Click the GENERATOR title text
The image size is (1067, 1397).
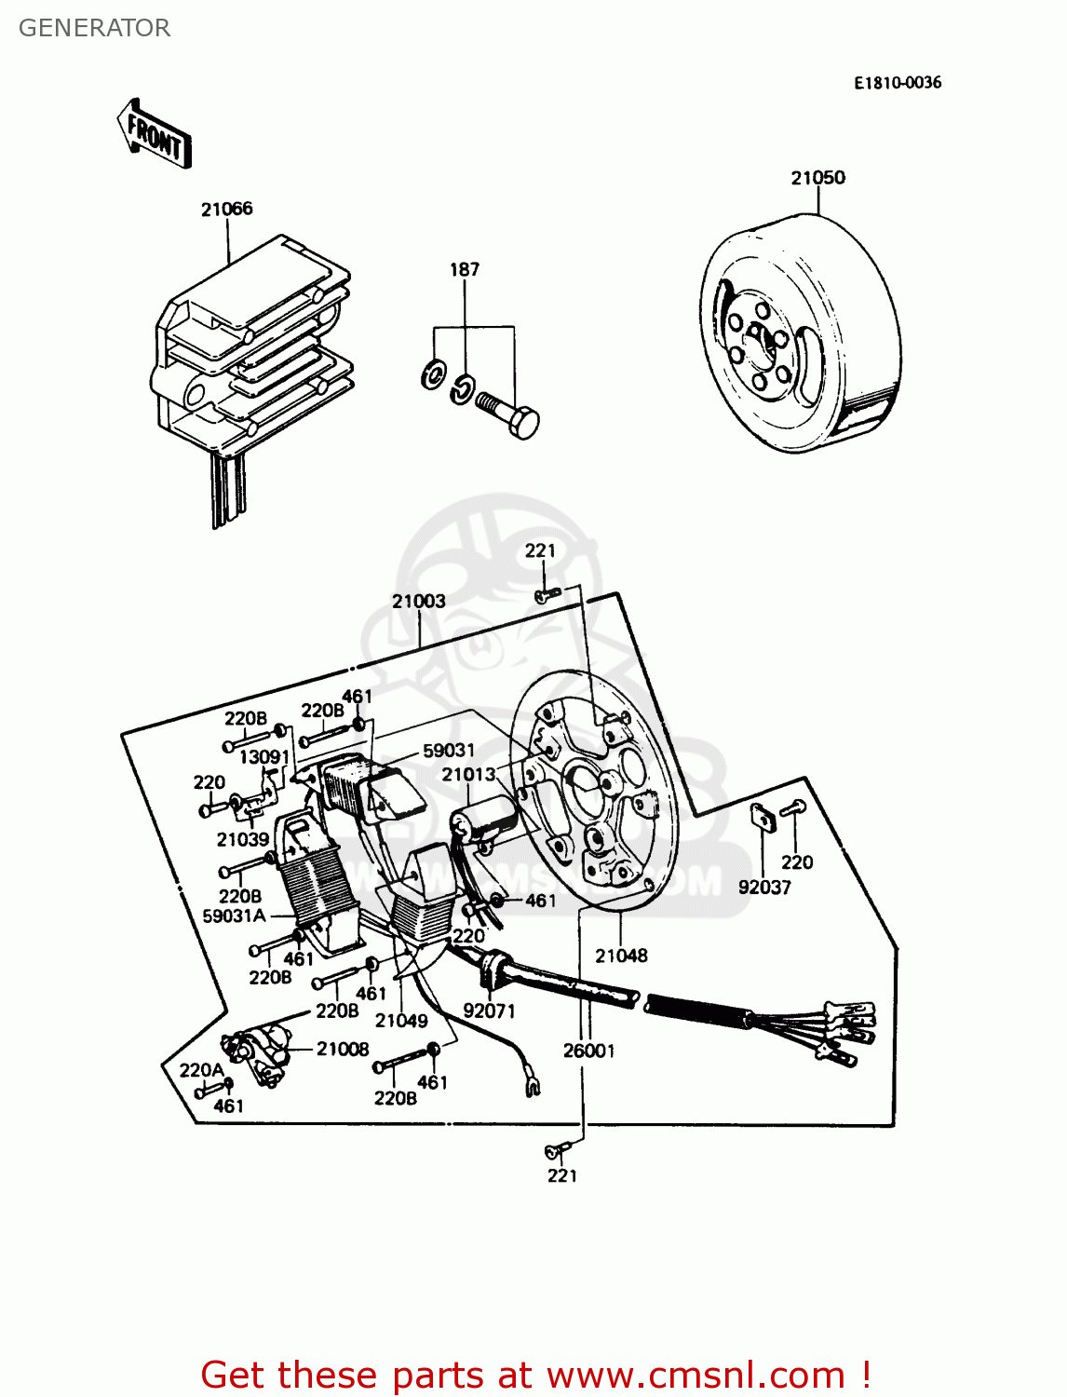[94, 28]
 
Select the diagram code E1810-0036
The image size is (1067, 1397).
[898, 83]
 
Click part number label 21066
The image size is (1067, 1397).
[226, 210]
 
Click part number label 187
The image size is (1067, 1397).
[464, 270]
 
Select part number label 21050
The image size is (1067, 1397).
[817, 178]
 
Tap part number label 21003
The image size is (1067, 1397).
[418, 602]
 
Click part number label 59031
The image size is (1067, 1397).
[449, 751]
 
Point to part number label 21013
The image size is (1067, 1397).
[468, 775]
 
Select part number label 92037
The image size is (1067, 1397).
[764, 888]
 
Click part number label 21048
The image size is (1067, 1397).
[621, 956]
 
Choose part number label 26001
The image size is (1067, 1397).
[588, 1051]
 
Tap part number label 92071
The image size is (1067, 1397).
[489, 1011]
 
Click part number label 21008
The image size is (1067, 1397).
[343, 1049]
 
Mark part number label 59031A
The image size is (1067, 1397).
[234, 916]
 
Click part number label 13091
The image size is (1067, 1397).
[264, 757]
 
